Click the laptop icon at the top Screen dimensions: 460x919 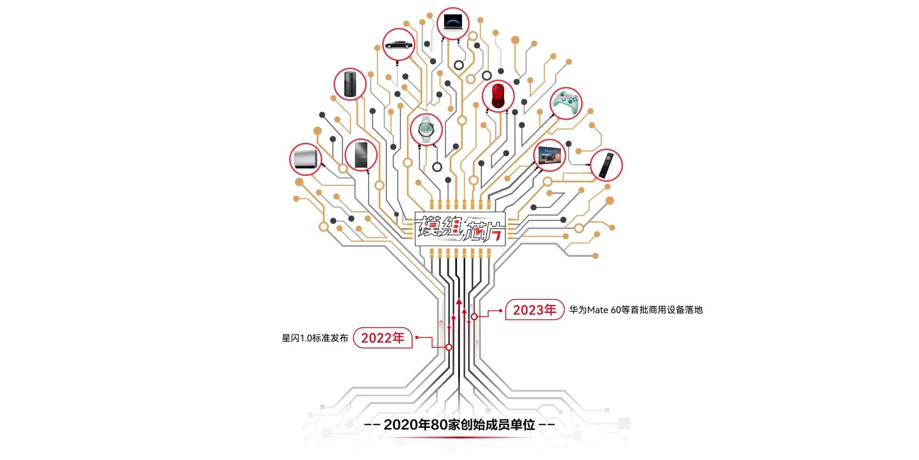pos(453,23)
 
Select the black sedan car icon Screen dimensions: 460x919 pos(399,45)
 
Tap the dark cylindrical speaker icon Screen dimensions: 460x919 pos(350,84)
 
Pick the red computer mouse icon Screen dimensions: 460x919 pos(498,96)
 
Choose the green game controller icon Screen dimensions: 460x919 pos(566,103)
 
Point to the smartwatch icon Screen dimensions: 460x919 pos(426,129)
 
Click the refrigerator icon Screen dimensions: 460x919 pos(361,155)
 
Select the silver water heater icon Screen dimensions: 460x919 pos(305,159)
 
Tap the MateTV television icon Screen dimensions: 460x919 pos(549,155)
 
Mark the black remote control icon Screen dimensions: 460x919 pos(606,165)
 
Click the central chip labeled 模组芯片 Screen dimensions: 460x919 pos(460,229)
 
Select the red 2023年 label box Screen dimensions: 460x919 pos(535,310)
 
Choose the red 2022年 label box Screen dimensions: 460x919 pos(382,338)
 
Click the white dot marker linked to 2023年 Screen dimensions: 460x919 pos(474,317)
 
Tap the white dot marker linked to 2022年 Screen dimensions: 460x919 pos(449,347)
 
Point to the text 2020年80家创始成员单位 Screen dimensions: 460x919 pos(459,425)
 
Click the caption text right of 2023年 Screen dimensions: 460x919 pos(636,310)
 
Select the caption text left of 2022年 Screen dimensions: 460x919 pos(315,338)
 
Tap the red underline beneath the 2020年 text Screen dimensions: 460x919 pos(459,437)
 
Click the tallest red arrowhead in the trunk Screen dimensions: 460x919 pos(459,301)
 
